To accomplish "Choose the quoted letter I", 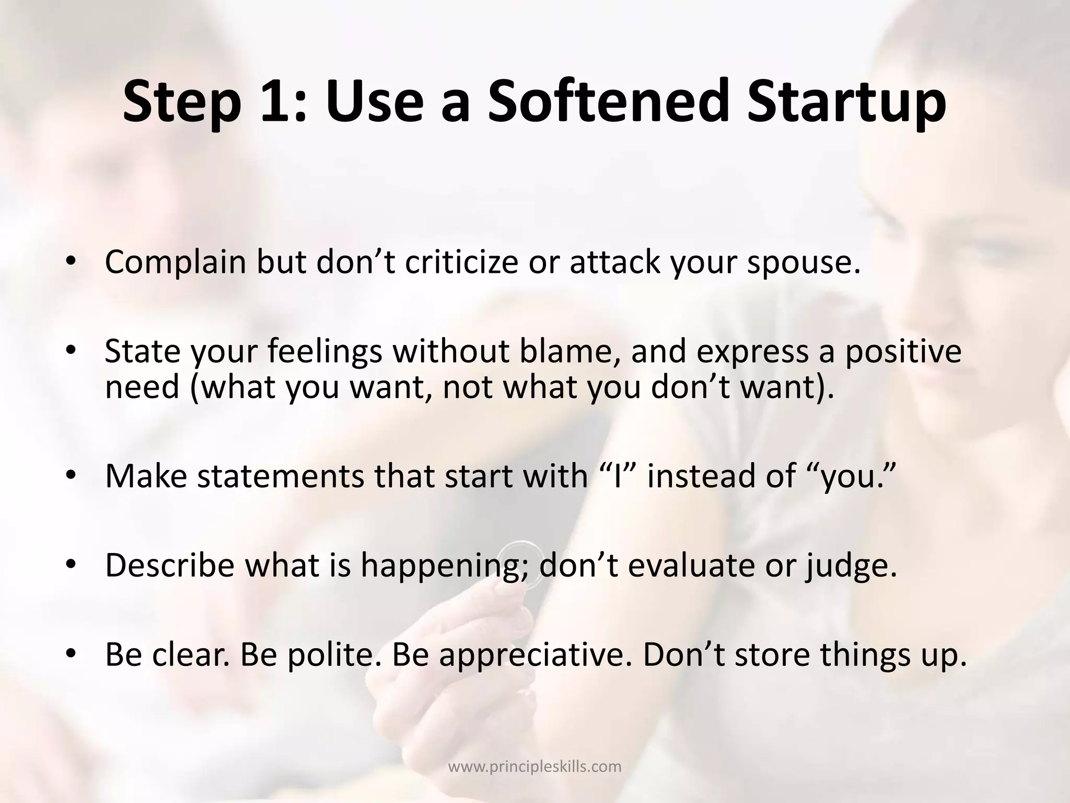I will point(618,476).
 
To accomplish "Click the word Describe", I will point(170,565).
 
